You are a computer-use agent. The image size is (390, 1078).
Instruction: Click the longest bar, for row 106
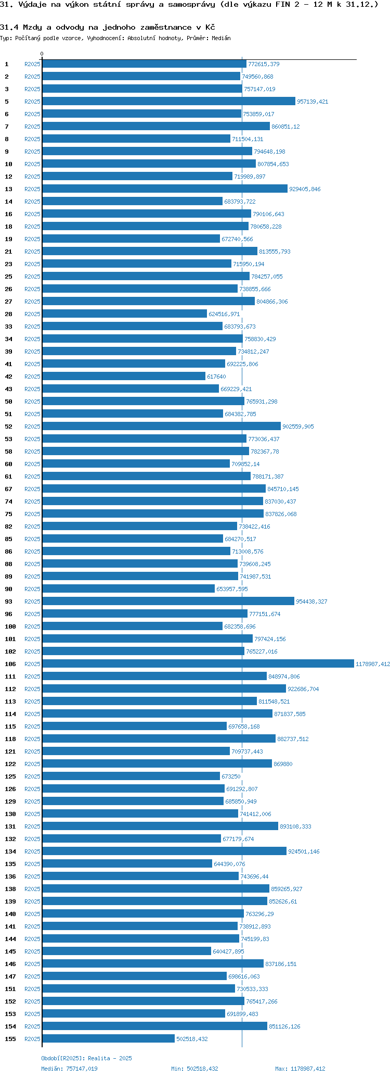coord(198,663)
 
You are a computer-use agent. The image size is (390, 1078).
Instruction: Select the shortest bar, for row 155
coord(108,1038)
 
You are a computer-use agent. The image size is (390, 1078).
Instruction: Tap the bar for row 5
coord(168,102)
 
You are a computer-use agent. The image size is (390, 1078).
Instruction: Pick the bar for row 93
coord(168,601)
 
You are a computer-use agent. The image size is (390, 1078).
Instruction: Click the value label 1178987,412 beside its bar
coord(372,664)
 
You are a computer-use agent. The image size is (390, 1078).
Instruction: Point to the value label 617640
coord(216,377)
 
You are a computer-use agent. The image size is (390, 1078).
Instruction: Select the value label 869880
coord(283,764)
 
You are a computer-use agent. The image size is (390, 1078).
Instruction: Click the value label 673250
coord(231,776)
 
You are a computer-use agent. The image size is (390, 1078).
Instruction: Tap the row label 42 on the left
coord(8,377)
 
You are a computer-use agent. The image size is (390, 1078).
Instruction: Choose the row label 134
coord(10,851)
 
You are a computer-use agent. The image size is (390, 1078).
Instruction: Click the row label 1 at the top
coord(7,64)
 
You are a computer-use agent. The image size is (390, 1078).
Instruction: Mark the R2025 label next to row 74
coord(32,502)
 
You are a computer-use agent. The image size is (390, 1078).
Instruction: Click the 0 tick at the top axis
coord(42,54)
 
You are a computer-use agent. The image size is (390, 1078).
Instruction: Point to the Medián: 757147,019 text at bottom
coord(69,1069)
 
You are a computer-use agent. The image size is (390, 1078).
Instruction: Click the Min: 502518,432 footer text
coord(194,1069)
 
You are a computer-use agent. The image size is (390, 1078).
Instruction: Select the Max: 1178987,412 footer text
coord(300,1069)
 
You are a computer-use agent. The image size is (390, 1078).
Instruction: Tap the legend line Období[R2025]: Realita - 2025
coord(86,1058)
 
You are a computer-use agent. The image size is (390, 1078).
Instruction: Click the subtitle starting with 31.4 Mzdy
coord(107,27)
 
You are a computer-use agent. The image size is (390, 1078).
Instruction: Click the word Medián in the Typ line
coord(221,38)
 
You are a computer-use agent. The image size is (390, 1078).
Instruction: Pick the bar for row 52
coord(161,426)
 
